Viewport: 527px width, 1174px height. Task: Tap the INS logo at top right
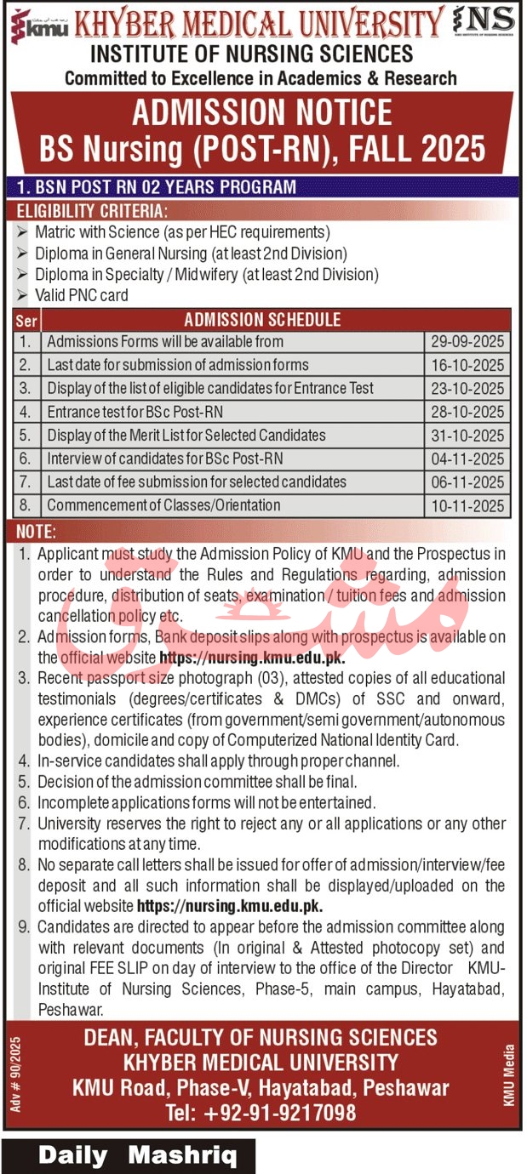(484, 21)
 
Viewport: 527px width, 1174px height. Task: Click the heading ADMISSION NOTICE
(262, 113)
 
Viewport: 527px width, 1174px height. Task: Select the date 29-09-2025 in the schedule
(467, 342)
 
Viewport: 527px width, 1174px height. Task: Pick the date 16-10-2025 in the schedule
(467, 366)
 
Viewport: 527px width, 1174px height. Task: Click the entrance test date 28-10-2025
(467, 413)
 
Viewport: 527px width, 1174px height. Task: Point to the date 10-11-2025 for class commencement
(467, 505)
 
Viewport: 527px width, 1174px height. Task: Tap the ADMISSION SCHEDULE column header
(262, 320)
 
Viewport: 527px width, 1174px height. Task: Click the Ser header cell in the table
(26, 321)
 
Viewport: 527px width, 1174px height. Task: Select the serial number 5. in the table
(26, 436)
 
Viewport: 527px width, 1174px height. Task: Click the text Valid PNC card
(82, 295)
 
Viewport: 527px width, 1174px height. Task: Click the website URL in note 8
(230, 906)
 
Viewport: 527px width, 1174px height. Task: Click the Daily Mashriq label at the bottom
(129, 1156)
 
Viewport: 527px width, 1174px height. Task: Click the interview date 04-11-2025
(467, 459)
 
